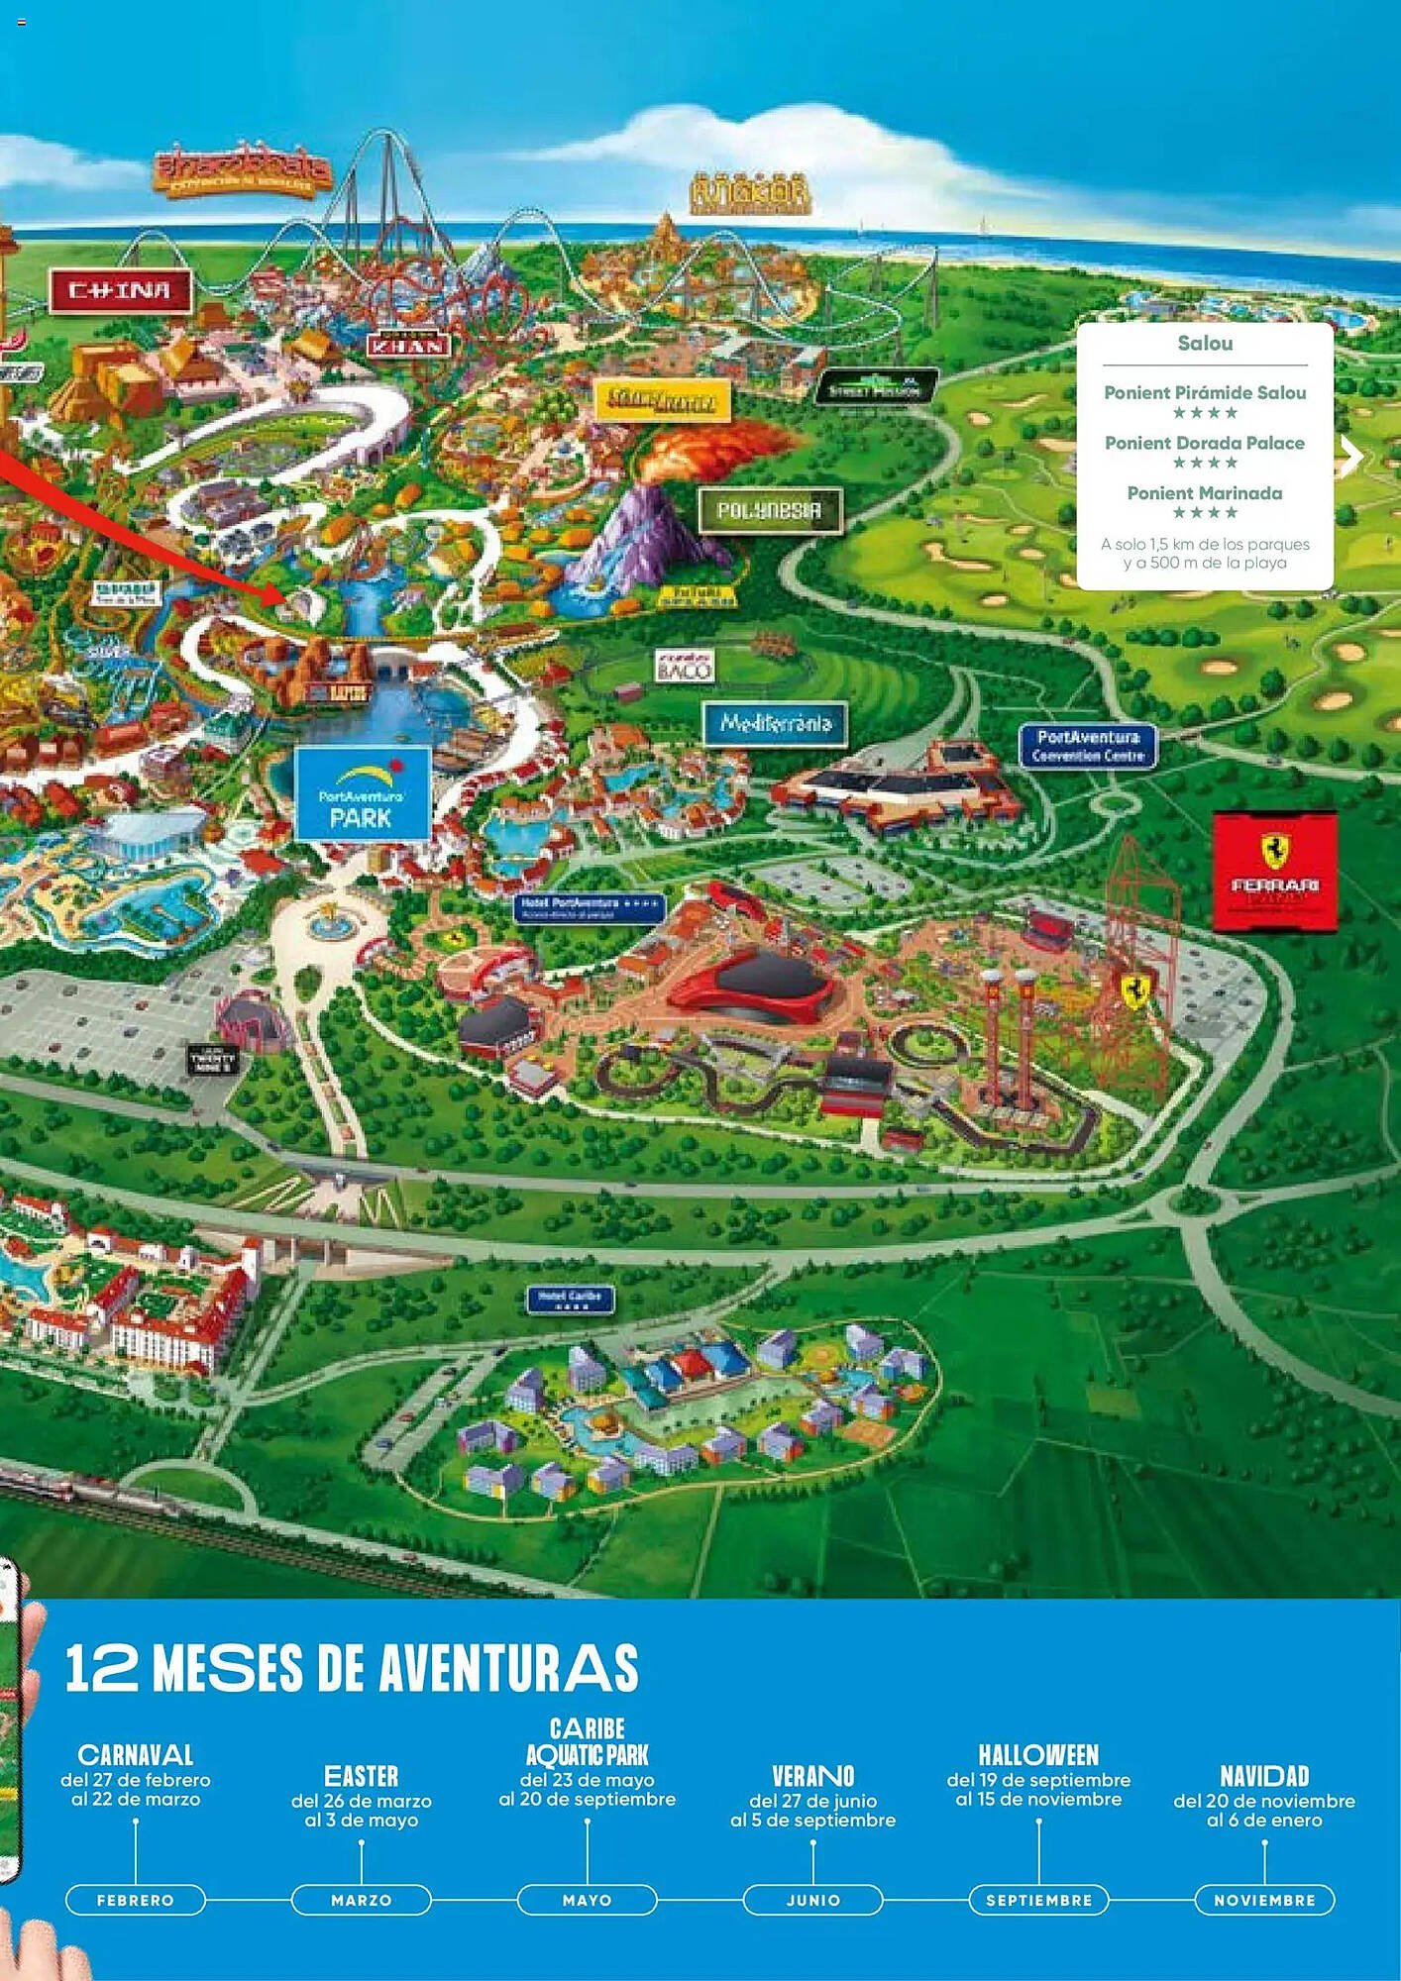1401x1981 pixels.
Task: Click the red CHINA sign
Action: tap(119, 291)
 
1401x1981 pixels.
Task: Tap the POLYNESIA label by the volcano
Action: tap(769, 511)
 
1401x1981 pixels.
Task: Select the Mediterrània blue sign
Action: tap(775, 723)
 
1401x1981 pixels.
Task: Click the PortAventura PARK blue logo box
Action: tap(362, 794)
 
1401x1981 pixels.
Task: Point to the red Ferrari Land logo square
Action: tap(1274, 872)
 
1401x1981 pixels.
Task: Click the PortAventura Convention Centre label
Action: tap(1088, 746)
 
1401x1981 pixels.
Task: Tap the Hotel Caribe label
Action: tap(570, 1300)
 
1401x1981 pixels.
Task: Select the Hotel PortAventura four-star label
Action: tap(590, 907)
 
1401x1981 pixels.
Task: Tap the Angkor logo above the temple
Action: tap(750, 194)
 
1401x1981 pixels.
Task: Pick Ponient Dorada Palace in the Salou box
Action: tap(1204, 443)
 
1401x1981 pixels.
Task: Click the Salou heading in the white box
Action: tap(1204, 344)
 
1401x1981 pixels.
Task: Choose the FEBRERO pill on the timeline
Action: tap(136, 1900)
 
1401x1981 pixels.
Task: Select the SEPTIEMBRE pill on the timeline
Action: tap(1038, 1900)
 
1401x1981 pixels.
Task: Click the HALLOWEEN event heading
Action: tap(1038, 1755)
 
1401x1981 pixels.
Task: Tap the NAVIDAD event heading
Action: tap(1264, 1776)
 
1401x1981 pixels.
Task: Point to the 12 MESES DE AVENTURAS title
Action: tap(352, 1669)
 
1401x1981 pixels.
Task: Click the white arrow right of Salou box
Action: tap(1352, 457)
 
